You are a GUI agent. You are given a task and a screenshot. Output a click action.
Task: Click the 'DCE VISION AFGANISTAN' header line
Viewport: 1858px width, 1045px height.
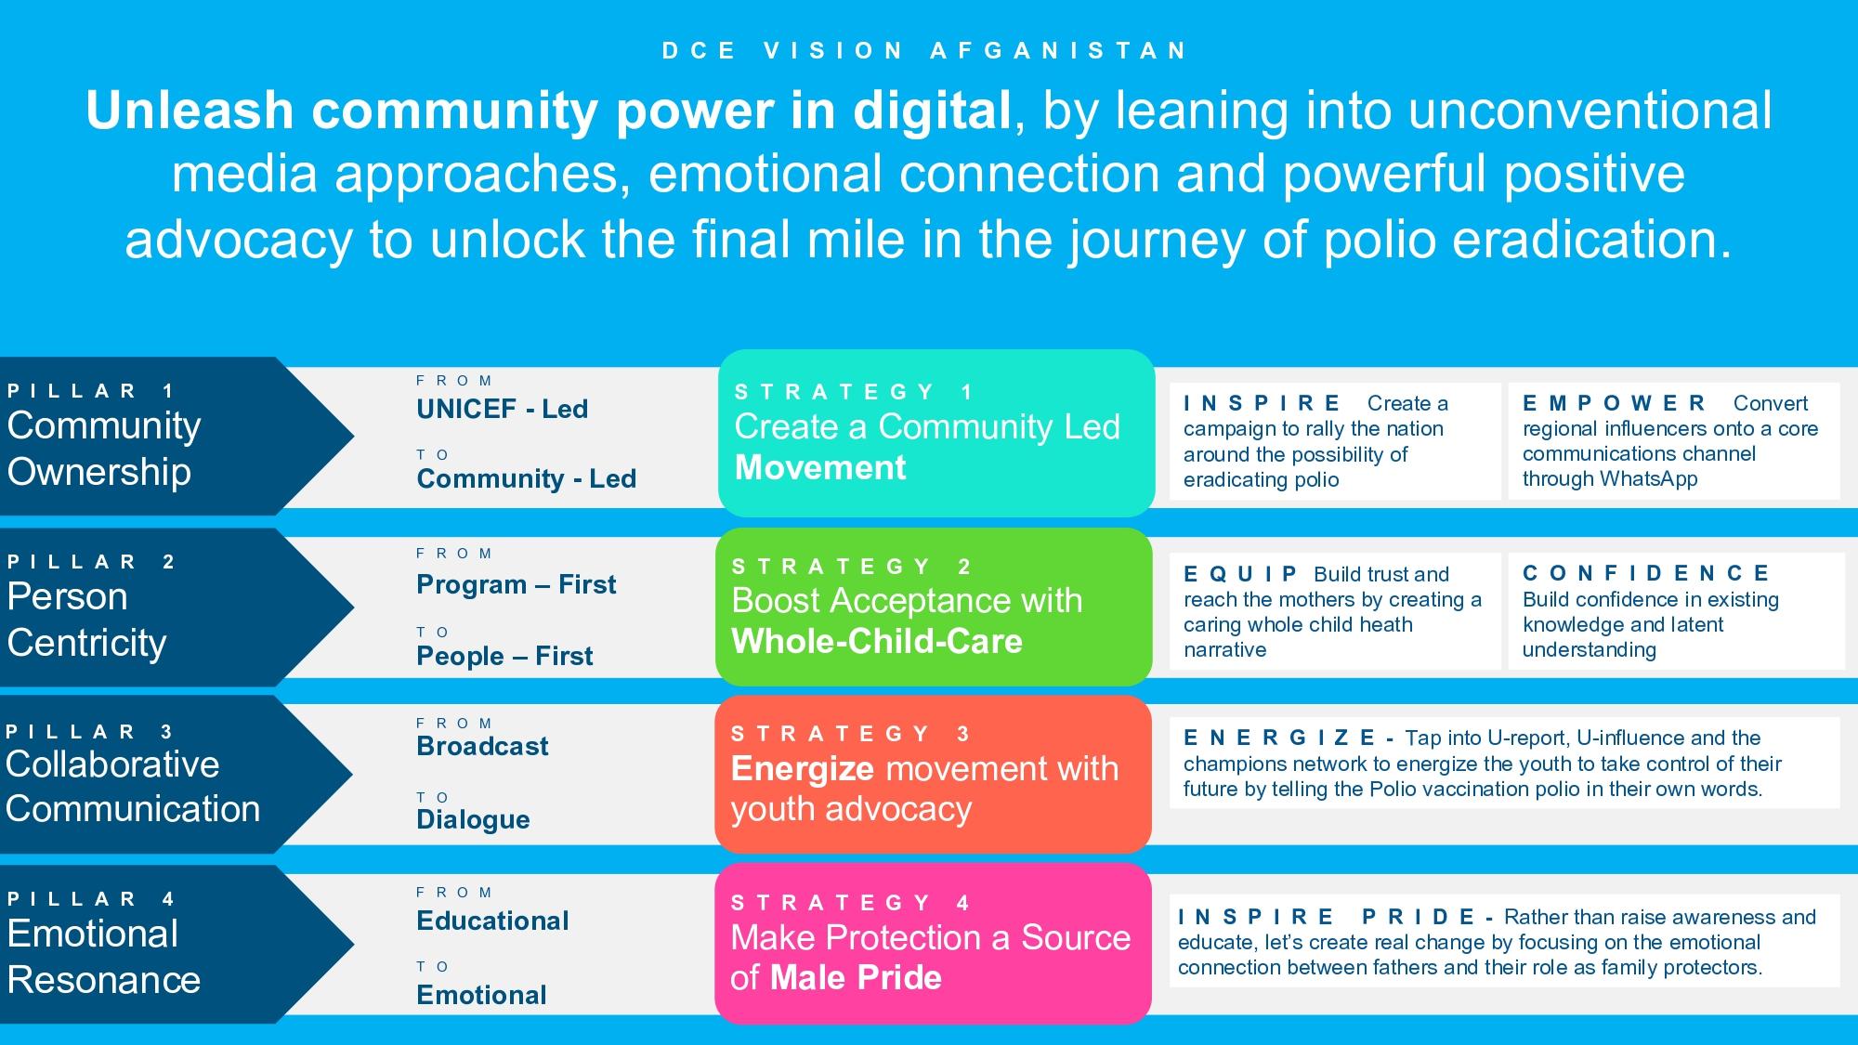point(924,51)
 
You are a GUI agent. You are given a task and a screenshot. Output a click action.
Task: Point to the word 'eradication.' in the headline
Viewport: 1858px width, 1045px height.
point(1591,240)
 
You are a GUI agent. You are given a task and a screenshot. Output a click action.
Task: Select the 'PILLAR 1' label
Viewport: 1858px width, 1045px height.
point(91,391)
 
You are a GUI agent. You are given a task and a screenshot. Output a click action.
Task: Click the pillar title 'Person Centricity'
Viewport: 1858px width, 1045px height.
point(87,620)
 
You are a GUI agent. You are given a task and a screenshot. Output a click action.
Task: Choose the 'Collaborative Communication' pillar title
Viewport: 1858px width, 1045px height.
point(133,787)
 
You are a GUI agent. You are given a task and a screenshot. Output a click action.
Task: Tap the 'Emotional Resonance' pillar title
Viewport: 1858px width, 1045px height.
point(104,957)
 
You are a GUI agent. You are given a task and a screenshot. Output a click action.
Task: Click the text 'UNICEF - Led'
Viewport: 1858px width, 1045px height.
point(503,409)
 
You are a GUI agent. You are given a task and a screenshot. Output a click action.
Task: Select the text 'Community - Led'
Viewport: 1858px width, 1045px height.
point(527,478)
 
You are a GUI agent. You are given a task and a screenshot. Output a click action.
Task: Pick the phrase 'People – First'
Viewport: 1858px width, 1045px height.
point(504,656)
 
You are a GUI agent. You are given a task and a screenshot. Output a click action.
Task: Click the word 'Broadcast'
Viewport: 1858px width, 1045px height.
point(482,746)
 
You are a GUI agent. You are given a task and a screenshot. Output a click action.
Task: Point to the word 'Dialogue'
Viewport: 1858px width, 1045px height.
point(474,820)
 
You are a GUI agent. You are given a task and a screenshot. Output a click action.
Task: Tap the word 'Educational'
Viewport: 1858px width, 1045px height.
point(492,921)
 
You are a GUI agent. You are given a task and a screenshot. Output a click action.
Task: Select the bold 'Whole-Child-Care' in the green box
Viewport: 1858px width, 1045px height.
point(877,641)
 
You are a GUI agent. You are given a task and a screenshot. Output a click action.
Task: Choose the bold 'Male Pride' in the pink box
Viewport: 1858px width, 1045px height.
point(856,977)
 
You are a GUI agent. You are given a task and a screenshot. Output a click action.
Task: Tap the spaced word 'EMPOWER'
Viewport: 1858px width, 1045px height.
point(1615,403)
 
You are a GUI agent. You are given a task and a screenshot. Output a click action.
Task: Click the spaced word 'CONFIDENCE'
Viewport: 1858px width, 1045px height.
point(1646,573)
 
